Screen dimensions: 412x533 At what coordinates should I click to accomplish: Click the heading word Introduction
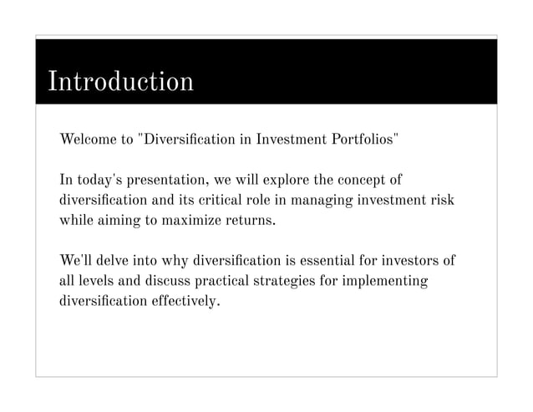point(120,82)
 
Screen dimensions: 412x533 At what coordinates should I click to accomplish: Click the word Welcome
point(88,138)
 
